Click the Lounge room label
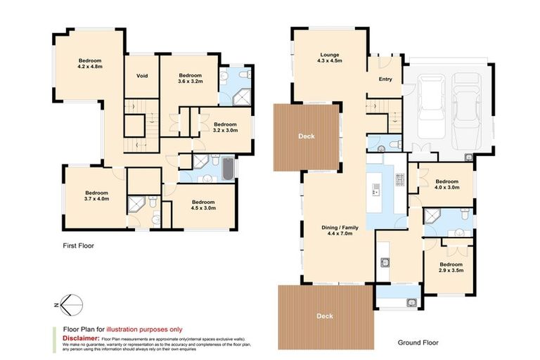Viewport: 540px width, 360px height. (330, 57)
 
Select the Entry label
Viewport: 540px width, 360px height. (385, 79)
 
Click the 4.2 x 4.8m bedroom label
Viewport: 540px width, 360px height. (90, 63)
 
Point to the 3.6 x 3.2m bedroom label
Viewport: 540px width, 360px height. (190, 78)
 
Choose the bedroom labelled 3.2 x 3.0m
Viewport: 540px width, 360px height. (226, 127)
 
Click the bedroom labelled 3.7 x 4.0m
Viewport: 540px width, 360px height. (96, 195)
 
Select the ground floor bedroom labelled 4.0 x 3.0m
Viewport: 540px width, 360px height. (446, 184)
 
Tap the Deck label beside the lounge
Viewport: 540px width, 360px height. (305, 136)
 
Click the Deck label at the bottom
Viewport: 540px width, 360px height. (325, 316)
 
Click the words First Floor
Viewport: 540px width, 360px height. (78, 246)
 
